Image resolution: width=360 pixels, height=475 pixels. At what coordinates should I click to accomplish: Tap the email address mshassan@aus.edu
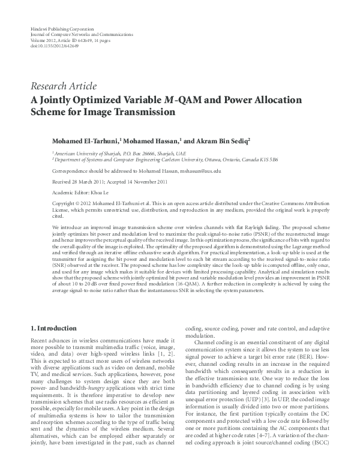pyautogui.click(x=199, y=171)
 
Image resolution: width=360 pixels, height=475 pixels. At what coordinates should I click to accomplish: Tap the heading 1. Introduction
pyautogui.click(x=53, y=329)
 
